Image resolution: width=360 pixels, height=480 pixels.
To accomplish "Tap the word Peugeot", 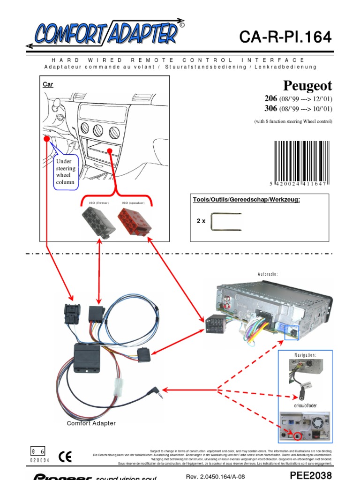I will (307, 86).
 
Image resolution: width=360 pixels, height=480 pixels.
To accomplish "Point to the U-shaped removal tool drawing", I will (226, 221).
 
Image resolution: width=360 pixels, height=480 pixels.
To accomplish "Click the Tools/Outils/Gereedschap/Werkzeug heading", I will (246, 200).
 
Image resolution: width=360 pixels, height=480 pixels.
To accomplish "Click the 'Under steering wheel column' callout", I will (66, 172).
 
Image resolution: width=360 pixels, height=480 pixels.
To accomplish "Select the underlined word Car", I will (48, 84).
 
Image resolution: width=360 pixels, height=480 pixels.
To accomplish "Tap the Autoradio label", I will (268, 274).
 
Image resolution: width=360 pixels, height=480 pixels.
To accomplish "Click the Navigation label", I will (305, 355).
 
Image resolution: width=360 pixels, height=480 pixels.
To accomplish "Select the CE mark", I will (65, 456).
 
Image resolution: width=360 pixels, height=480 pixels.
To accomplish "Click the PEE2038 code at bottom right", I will (311, 474).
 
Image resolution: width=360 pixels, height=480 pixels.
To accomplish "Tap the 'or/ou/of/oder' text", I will (305, 406).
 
